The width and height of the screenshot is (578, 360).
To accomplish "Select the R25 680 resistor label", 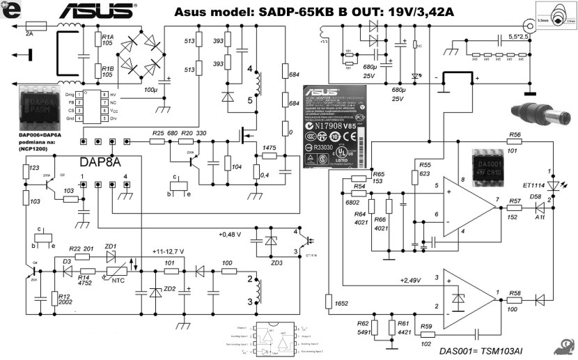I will pyautogui.click(x=164, y=132).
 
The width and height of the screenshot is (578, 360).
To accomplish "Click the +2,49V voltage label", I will pyautogui.click(x=410, y=280).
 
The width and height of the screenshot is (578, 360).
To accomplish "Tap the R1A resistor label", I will pyautogui.click(x=107, y=39).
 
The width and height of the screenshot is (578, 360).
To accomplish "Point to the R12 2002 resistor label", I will pyautogui.click(x=65, y=299).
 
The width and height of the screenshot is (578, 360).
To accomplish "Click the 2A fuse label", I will pyautogui.click(x=29, y=33).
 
